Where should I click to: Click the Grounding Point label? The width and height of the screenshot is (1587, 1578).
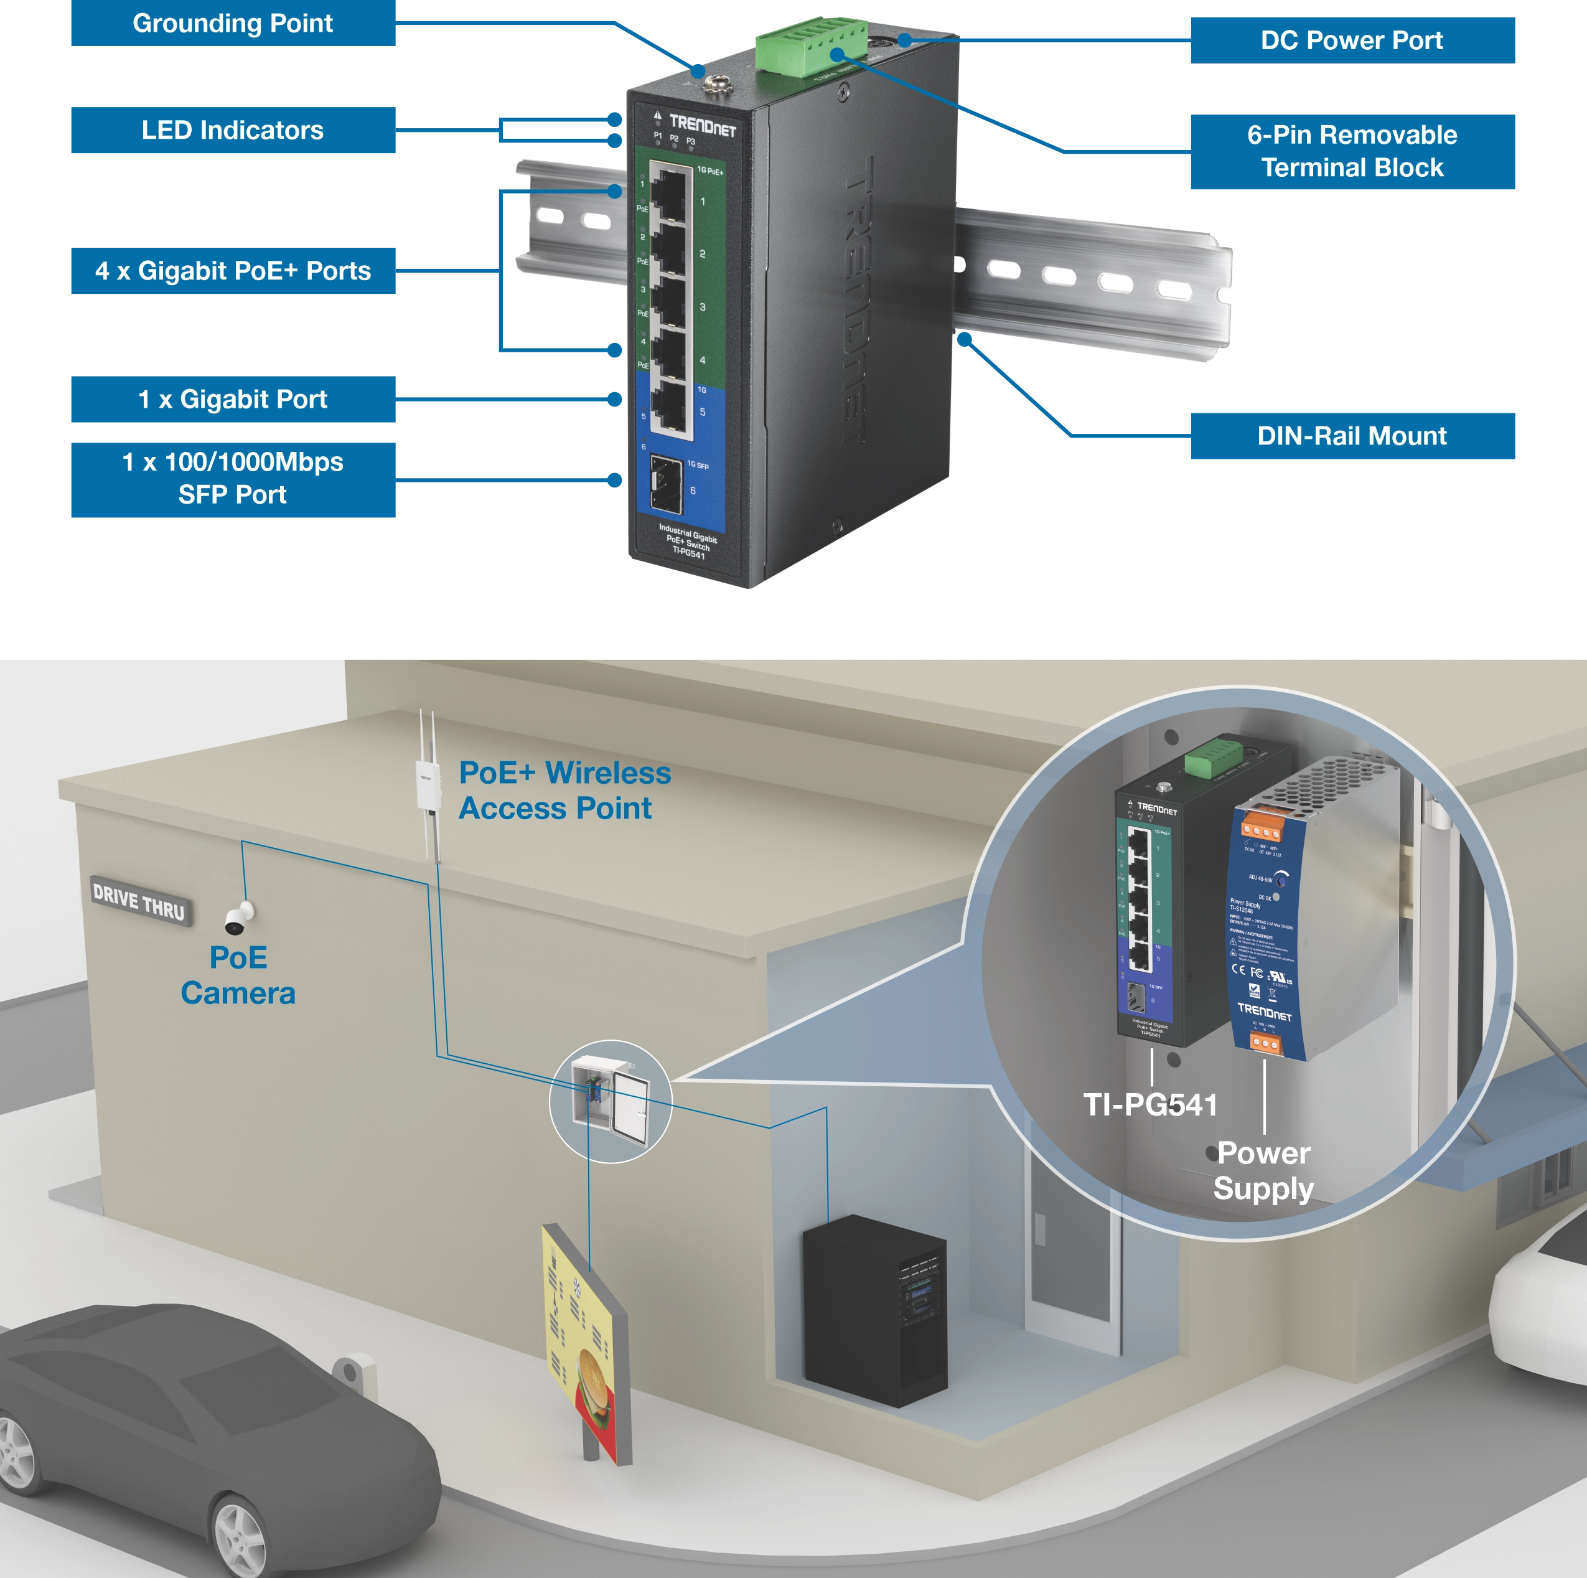click(x=233, y=24)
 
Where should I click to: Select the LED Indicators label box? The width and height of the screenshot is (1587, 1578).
click(x=233, y=131)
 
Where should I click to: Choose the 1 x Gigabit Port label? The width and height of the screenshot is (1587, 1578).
click(x=233, y=400)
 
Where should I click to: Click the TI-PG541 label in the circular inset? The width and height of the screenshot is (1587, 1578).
click(x=1150, y=1105)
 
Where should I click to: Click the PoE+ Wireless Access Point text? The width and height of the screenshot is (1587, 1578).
click(x=564, y=790)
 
